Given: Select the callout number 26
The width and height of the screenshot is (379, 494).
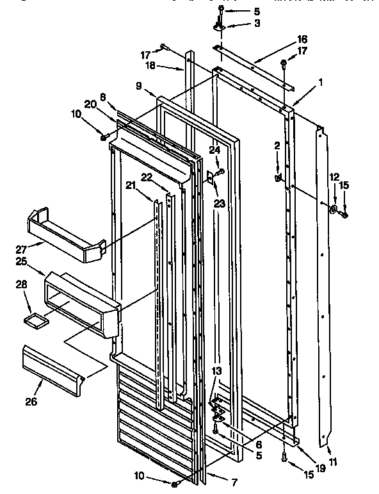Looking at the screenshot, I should point(31,402).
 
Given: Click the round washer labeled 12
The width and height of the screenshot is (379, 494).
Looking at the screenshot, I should point(334,210).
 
